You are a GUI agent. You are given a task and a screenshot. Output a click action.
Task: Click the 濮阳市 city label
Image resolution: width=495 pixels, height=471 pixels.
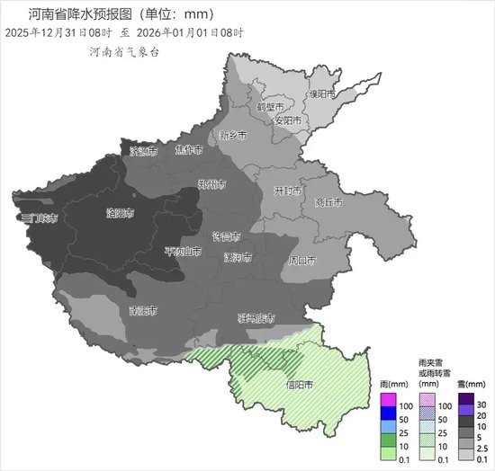(321, 93)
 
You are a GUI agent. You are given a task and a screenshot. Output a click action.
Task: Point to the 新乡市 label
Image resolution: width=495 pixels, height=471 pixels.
(232, 136)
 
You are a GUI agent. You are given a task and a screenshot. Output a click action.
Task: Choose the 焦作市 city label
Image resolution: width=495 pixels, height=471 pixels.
(189, 150)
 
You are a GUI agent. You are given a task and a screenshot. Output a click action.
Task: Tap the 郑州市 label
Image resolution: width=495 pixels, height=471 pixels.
(211, 186)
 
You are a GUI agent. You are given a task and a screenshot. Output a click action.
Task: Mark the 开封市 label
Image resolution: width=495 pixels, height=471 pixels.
(288, 191)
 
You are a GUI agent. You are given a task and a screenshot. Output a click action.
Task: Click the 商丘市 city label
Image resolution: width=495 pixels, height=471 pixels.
(329, 202)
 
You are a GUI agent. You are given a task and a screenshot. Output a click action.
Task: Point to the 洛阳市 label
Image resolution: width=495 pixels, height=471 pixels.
(120, 214)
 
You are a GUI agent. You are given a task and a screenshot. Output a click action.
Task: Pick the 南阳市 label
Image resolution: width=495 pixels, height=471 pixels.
(143, 311)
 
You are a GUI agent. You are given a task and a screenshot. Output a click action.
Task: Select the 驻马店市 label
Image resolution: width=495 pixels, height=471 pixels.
(256, 318)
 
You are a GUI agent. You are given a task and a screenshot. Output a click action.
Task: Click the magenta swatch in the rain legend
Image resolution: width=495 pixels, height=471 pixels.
(388, 399)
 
